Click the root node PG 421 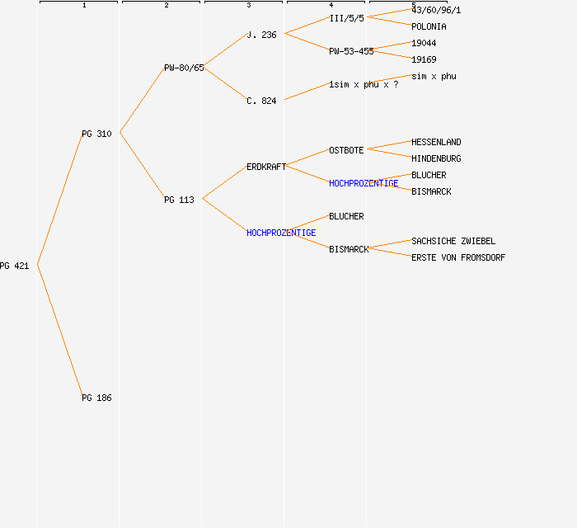[14, 266]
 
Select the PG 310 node [96, 134]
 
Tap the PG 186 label [96, 398]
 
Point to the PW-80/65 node [184, 68]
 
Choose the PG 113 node [179, 200]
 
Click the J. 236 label [261, 35]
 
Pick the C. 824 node [261, 101]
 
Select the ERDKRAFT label [266, 167]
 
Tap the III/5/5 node [347, 18]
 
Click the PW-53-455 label [351, 51]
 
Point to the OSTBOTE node [346, 151]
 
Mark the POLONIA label [429, 27]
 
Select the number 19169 [424, 59]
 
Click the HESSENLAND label [436, 143]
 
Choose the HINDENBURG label [436, 158]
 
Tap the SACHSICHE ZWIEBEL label [453, 241]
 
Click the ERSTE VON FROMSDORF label [458, 257]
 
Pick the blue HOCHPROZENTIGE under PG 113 [281, 233]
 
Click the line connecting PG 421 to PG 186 [60, 331]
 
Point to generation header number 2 [167, 5]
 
